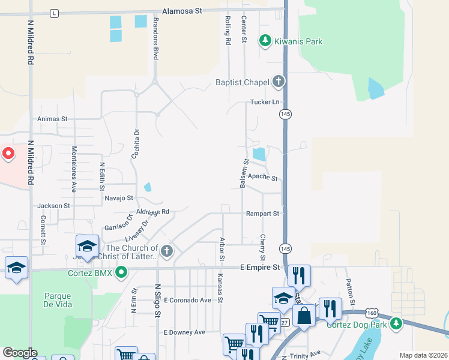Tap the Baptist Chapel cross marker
tap(277, 81)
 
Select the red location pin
tap(8, 154)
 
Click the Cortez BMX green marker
tap(121, 273)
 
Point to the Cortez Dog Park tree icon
tap(396, 325)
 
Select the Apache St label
tap(263, 178)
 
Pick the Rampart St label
tap(262, 213)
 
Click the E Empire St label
tap(260, 267)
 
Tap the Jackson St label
tap(53, 206)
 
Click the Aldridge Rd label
tap(154, 212)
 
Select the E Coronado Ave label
tap(187, 300)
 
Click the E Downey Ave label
tap(184, 332)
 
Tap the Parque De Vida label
tap(58, 300)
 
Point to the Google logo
tap(20, 353)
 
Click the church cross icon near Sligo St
tap(167, 251)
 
